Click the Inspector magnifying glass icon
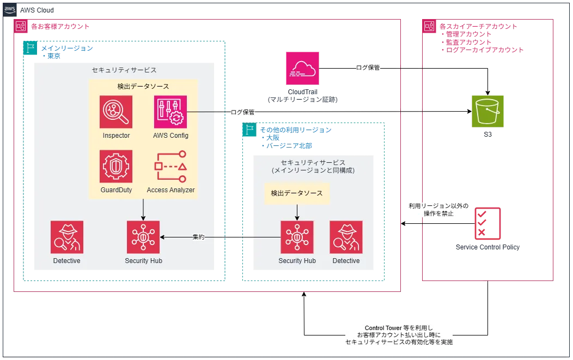116,112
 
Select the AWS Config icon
170,112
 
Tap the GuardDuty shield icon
116,166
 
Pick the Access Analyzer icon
170,166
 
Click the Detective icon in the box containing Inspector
67,237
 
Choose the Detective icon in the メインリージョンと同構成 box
346,237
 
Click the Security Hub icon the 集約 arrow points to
143,237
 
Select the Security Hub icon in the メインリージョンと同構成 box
297,237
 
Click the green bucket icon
487,111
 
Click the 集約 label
199,237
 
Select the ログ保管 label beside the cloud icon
369,68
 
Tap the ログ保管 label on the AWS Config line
243,112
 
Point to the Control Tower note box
398,335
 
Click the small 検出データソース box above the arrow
297,193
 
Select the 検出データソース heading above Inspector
143,86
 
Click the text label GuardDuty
116,190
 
